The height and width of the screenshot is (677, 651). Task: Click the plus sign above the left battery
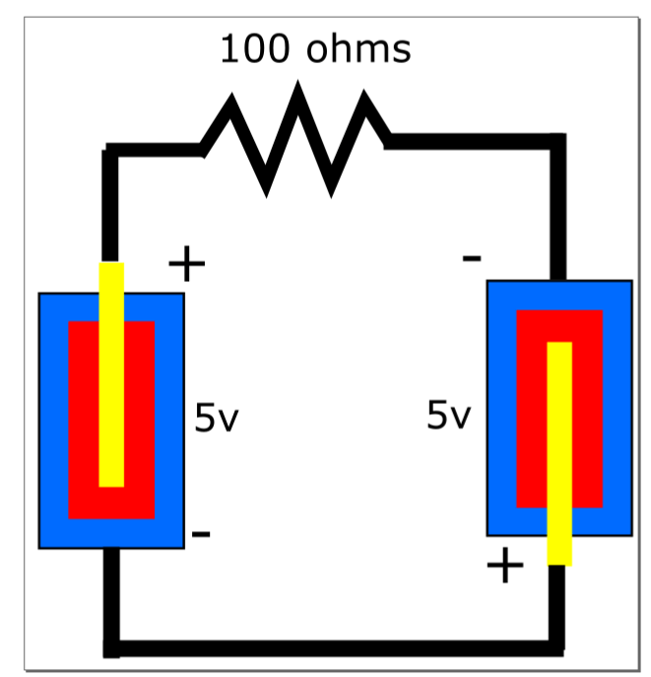[x=186, y=264]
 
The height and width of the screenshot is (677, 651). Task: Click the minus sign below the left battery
[x=201, y=534]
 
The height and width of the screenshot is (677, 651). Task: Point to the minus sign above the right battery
[x=472, y=259]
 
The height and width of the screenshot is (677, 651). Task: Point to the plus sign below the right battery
[x=505, y=566]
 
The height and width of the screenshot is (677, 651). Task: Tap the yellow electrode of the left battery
[x=112, y=374]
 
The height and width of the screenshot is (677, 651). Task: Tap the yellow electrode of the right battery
[x=559, y=453]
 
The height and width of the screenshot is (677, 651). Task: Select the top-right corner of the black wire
[x=558, y=141]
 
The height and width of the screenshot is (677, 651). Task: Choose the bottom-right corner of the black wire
[x=558, y=648]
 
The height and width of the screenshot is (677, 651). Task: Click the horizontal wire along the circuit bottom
[x=335, y=648]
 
